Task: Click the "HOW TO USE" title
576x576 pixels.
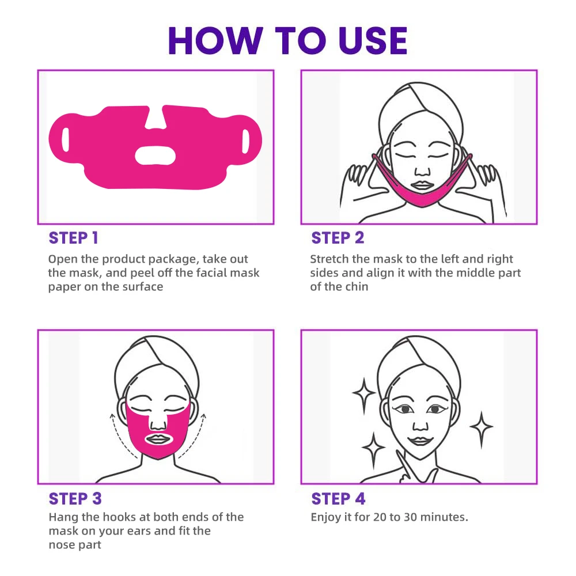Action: click(x=287, y=41)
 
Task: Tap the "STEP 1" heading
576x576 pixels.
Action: click(x=74, y=238)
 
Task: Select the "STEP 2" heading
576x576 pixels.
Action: click(x=338, y=238)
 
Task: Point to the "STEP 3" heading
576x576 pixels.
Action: click(x=75, y=498)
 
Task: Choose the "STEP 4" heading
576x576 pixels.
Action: click(x=338, y=498)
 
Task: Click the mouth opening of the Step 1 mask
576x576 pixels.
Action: click(x=155, y=155)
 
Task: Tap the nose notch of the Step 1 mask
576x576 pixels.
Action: click(x=156, y=118)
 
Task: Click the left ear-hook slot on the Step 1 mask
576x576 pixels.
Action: click(x=66, y=139)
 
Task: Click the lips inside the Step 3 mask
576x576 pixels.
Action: click(x=158, y=439)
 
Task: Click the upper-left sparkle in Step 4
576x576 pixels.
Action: click(x=364, y=393)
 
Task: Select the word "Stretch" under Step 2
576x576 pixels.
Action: click(x=329, y=259)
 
